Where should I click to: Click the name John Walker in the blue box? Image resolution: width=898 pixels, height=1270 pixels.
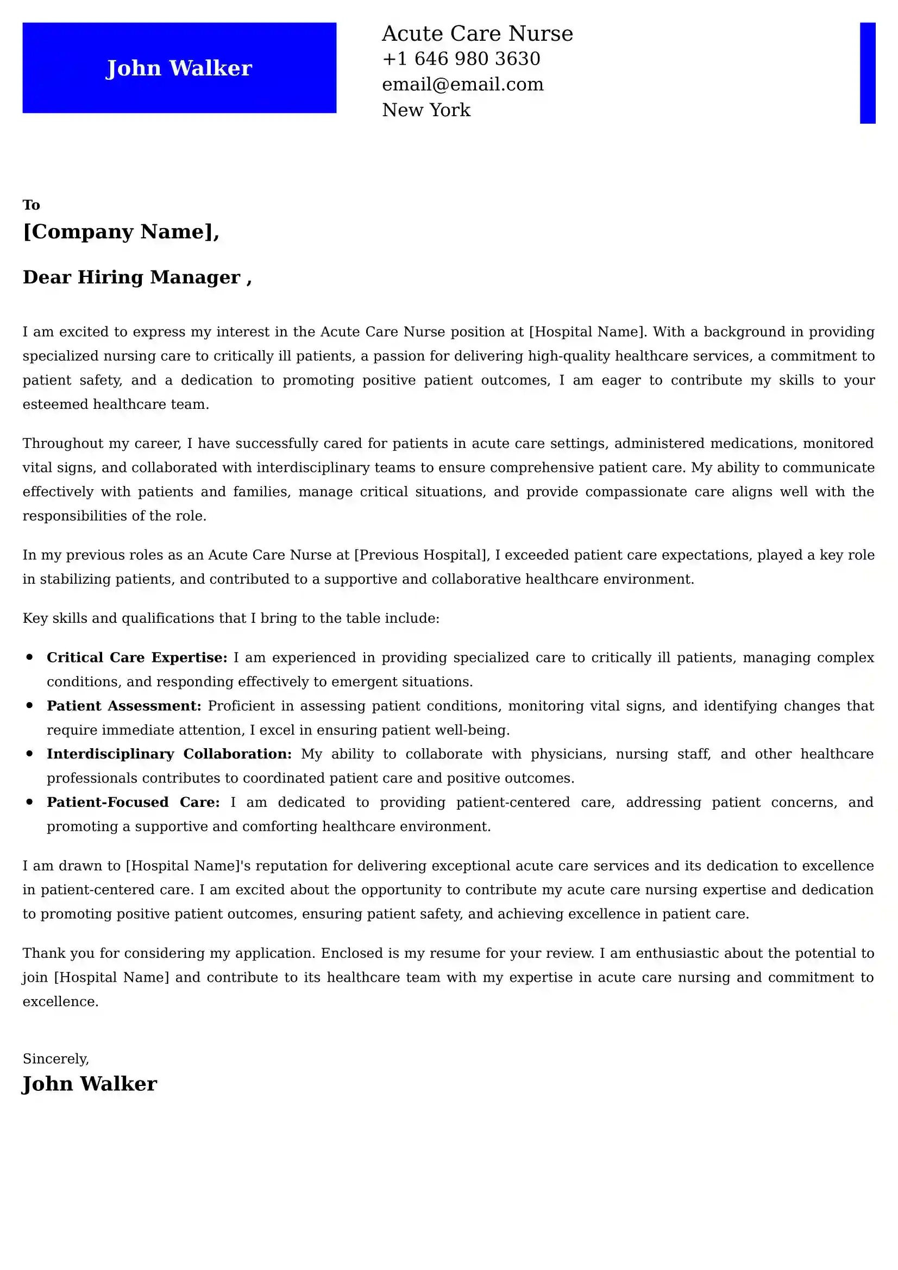click(x=179, y=68)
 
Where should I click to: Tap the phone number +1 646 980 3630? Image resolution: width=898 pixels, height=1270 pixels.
click(x=461, y=59)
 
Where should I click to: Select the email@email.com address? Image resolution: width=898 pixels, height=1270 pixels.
click(x=462, y=84)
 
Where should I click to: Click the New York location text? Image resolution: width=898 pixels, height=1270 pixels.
click(x=426, y=110)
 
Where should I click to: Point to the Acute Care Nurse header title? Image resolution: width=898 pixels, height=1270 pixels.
click(x=477, y=34)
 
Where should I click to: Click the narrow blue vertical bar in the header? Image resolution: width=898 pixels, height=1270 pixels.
click(x=867, y=72)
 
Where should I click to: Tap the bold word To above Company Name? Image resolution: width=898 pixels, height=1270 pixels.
click(x=31, y=205)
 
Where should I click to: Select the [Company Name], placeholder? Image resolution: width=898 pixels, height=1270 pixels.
click(x=121, y=231)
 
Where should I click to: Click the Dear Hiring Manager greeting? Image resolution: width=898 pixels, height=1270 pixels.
click(x=137, y=277)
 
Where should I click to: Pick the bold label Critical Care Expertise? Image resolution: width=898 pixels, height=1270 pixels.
click(x=137, y=658)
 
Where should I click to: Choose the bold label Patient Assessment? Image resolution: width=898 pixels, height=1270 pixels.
click(x=124, y=706)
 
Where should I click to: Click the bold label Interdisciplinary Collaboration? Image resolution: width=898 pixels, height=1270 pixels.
click(x=169, y=754)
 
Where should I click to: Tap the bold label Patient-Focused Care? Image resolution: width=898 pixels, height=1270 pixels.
click(x=133, y=802)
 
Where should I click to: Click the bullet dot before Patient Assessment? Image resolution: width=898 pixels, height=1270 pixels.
click(x=30, y=706)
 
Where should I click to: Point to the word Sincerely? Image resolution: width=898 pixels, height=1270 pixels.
click(x=55, y=1059)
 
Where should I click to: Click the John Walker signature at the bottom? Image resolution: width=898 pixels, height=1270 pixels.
click(x=90, y=1084)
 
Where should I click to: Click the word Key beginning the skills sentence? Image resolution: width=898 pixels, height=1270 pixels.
click(x=35, y=618)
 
